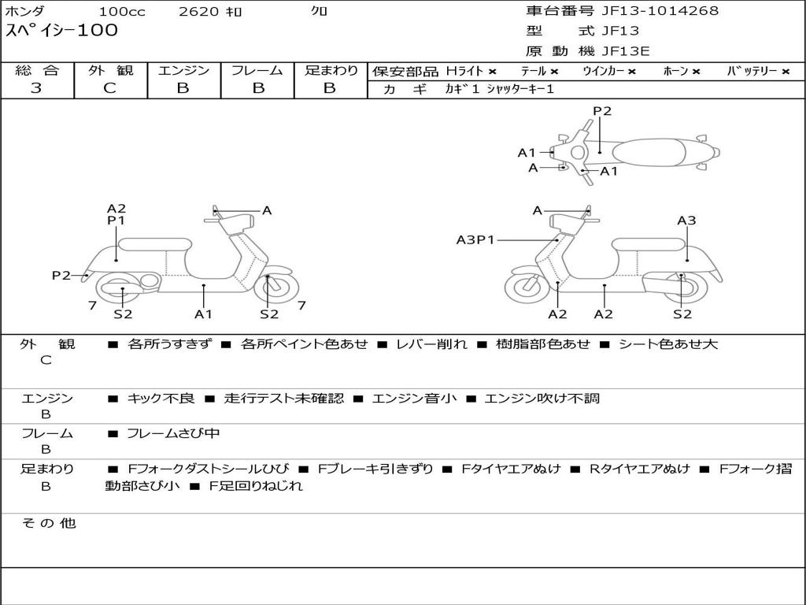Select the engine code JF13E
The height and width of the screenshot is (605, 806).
(626, 52)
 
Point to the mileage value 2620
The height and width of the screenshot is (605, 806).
(200, 12)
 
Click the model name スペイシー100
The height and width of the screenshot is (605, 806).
(61, 31)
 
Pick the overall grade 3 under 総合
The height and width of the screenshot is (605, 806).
(36, 88)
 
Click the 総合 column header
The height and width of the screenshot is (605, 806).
(37, 71)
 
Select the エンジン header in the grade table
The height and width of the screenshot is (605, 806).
(183, 71)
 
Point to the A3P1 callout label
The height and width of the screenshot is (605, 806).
(475, 239)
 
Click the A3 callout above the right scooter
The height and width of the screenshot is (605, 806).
(686, 221)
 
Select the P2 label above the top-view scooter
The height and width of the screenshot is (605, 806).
(602, 111)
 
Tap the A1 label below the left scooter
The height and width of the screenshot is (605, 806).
(204, 314)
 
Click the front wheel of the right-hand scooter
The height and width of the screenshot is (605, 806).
(527, 288)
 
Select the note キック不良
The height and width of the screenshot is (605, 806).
(161, 399)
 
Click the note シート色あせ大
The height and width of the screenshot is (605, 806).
(668, 344)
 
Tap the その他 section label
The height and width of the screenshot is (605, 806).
(48, 523)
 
